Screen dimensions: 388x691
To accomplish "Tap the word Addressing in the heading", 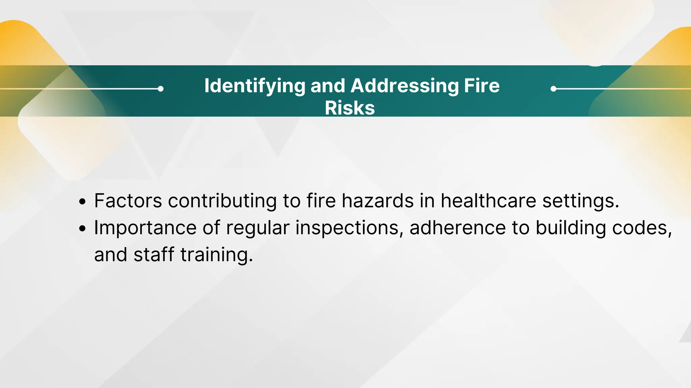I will pos(405,86).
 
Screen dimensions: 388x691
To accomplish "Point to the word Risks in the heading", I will pos(350,108).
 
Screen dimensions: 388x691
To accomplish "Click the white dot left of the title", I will pos(161,89).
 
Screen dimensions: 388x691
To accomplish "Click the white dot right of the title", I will pos(553,89).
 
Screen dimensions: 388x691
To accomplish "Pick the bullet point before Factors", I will pos(82,202).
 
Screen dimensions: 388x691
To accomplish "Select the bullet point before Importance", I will pos(82,229).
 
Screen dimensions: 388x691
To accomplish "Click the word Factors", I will pos(128,201).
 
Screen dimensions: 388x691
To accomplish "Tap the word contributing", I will pos(222,201).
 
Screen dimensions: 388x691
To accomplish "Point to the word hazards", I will pos(378,201).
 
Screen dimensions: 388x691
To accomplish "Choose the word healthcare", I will pos(488,201).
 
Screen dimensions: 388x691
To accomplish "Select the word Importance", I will pos(145,228).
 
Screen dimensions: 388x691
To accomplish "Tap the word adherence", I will pos(458,228).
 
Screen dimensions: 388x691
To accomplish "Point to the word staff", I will pos(154,255).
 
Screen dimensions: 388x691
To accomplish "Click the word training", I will pos(216,255).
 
